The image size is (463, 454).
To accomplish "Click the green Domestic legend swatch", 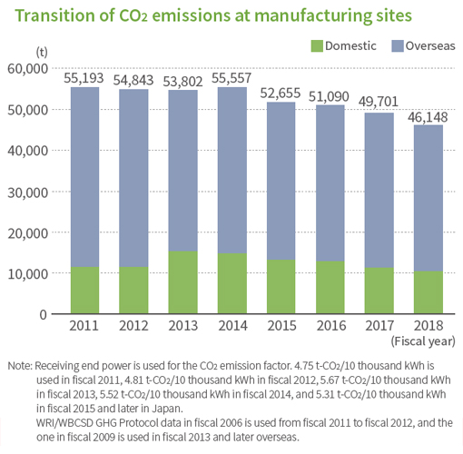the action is [x=317, y=46].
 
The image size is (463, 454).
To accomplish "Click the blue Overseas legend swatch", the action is [x=398, y=46].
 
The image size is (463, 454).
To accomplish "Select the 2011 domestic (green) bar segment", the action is [x=84, y=290].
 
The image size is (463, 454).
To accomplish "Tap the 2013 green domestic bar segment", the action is [x=183, y=282].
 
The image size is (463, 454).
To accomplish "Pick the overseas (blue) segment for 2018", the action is [x=429, y=198].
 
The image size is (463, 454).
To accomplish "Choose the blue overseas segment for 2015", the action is [x=281, y=181].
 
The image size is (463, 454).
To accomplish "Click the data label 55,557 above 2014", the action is [x=231, y=78].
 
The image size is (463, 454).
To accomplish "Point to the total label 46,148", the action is [x=428, y=117].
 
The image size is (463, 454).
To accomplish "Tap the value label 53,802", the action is [x=182, y=82].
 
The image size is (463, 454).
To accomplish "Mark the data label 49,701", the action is [x=379, y=102].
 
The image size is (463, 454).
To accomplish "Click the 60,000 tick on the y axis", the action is [x=27, y=69].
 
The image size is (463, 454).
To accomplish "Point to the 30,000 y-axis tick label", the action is [x=27, y=192].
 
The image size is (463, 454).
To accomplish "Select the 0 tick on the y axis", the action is [x=44, y=315].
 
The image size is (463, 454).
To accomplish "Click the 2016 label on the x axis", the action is [x=331, y=326].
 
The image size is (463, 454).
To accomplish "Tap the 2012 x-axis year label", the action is [x=133, y=326].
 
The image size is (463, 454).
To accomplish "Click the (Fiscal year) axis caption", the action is [x=423, y=341].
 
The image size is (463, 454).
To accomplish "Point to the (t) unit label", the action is [x=42, y=52].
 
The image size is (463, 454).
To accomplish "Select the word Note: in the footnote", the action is [x=20, y=366].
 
